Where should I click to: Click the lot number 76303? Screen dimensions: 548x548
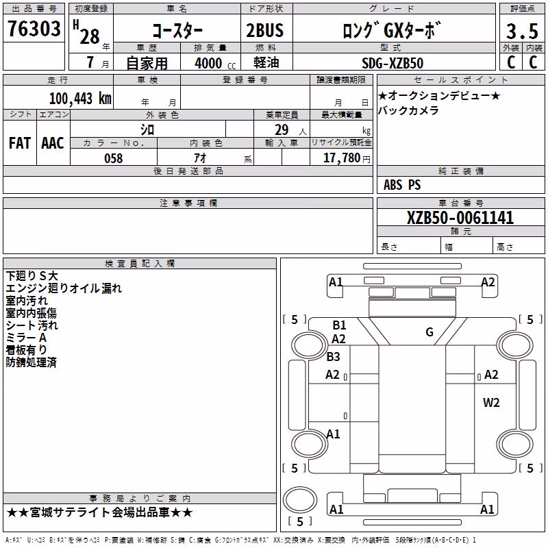point(34,28)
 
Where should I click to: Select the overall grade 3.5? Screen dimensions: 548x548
point(522,31)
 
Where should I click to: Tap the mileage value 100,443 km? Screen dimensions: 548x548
point(80,99)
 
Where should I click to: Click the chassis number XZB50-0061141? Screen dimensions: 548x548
point(460,218)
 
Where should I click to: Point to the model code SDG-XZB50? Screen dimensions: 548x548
point(393,63)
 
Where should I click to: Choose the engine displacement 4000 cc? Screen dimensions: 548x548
point(215,63)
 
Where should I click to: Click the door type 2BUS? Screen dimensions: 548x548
point(264,30)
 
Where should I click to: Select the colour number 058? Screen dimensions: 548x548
point(114,158)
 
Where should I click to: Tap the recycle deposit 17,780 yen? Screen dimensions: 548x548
point(347,158)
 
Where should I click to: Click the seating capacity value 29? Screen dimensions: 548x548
point(282,130)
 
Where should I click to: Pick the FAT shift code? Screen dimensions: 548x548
point(20,143)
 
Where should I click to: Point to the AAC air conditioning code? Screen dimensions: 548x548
point(53,143)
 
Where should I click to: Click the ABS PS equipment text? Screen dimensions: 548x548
point(402,185)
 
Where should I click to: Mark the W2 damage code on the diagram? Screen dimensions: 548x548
point(491,403)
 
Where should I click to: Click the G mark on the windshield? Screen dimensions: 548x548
point(429,332)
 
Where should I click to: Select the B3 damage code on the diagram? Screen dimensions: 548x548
point(333,357)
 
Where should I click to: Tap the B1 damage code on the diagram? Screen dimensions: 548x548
point(339,325)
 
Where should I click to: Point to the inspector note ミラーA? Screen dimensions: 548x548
point(26,338)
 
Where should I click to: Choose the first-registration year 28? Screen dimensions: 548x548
point(90,36)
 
